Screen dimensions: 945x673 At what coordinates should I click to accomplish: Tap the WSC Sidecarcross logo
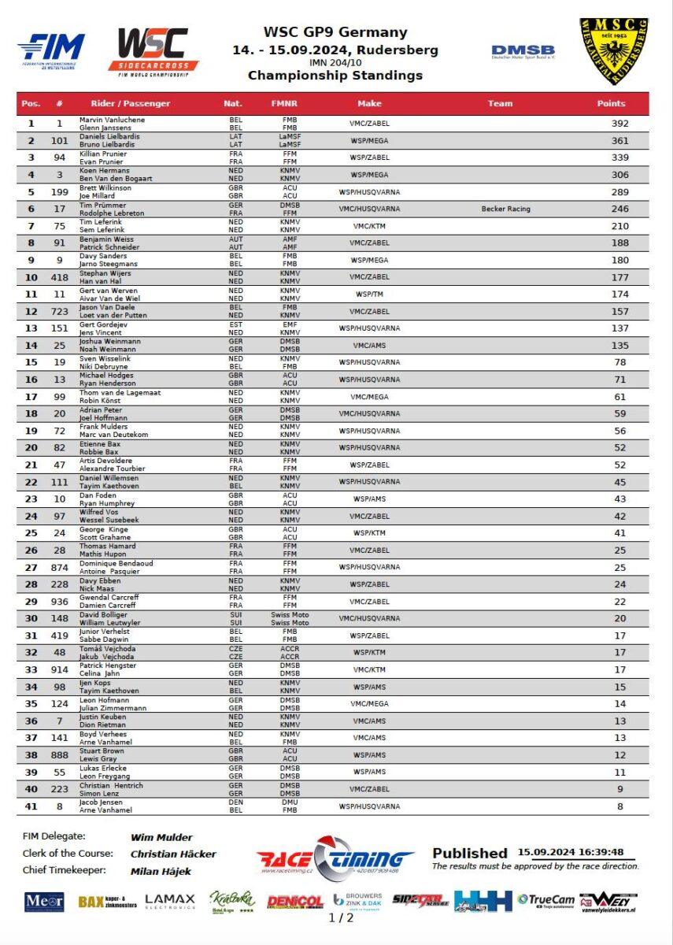153,51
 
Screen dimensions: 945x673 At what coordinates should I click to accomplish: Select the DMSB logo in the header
523,52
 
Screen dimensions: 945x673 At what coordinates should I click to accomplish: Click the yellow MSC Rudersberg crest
614,51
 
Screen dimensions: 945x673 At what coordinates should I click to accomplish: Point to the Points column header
611,103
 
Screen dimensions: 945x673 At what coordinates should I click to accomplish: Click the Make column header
369,103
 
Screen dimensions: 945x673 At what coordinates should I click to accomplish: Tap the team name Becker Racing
505,209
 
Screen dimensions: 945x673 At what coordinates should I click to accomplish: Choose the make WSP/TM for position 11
369,294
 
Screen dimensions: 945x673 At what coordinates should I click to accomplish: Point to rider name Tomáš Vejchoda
107,648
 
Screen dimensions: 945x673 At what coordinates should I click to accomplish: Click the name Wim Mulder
161,837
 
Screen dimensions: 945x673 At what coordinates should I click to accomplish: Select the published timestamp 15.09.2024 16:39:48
571,852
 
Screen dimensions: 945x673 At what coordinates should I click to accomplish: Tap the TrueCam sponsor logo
545,900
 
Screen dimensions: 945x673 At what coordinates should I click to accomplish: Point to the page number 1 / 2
342,917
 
